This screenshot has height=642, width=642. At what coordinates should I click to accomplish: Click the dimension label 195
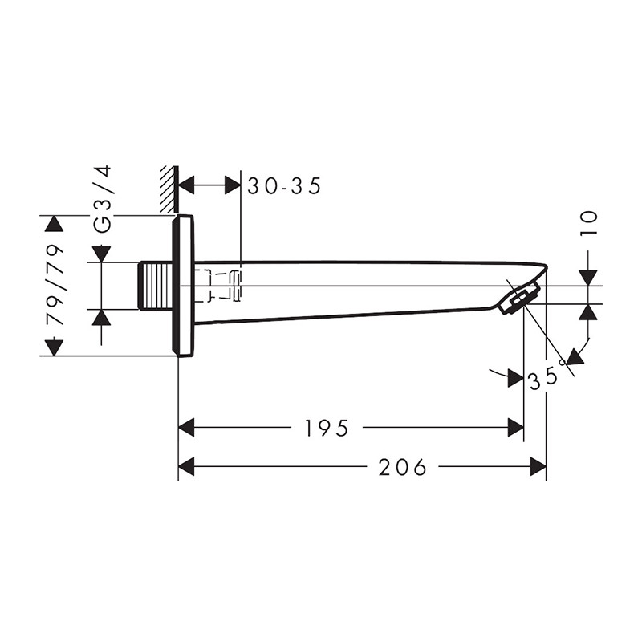tap(326, 428)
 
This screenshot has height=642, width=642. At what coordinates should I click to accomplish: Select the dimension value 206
tap(402, 467)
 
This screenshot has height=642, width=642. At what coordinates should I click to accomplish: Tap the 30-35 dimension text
tap(284, 186)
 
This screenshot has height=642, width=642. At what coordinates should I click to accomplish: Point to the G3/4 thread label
tap(102, 199)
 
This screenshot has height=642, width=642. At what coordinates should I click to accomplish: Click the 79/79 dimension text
tap(55, 286)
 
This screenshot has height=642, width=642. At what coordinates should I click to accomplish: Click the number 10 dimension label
tap(589, 223)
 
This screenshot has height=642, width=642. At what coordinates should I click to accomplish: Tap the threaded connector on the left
tap(155, 286)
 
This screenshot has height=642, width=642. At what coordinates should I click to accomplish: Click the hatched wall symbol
tap(169, 189)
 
